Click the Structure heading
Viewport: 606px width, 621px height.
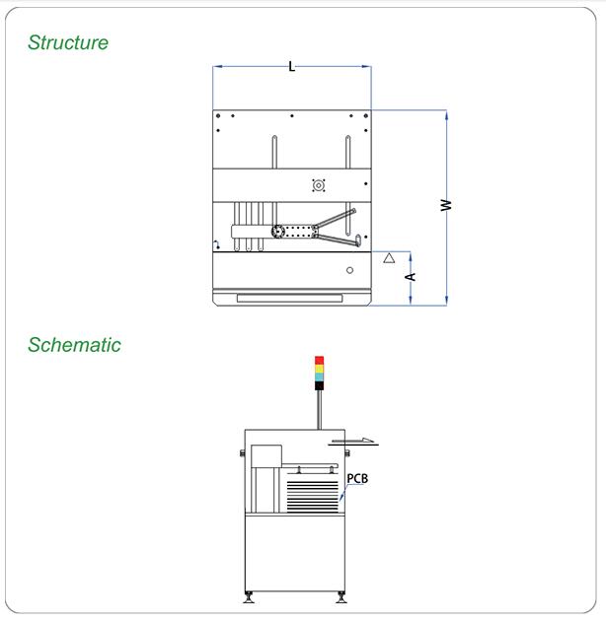(68, 42)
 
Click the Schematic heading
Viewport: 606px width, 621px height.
(74, 345)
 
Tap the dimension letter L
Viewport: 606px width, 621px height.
(292, 67)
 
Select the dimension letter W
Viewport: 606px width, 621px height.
(446, 205)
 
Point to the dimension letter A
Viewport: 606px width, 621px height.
(411, 276)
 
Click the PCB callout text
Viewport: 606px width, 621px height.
(357, 478)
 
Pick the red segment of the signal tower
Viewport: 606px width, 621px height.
(319, 360)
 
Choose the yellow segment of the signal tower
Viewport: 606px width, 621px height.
(319, 369)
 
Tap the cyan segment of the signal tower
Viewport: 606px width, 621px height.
(319, 378)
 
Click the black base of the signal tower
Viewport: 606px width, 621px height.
(319, 385)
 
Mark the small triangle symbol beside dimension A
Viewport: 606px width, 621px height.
(389, 258)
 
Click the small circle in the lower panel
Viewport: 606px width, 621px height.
(349, 270)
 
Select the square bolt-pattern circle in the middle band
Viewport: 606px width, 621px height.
(319, 185)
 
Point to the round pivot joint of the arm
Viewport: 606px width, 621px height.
(277, 232)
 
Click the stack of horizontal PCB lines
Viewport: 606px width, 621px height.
(313, 497)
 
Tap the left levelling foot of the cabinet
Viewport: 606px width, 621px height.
(249, 597)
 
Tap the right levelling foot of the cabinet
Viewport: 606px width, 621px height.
(341, 597)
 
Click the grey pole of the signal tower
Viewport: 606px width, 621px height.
(319, 409)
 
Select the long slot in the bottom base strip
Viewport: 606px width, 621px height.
(289, 299)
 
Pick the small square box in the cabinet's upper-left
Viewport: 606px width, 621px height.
(266, 455)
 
